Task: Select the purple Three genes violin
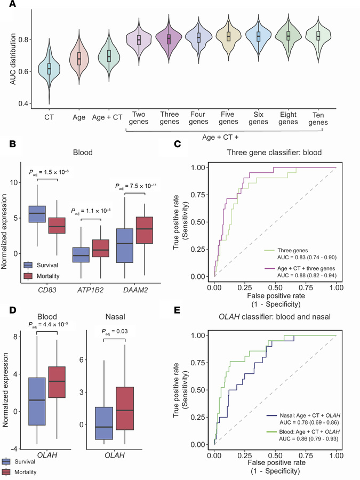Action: (x=169, y=39)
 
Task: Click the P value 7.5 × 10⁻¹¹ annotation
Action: (x=141, y=186)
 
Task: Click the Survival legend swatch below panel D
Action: (x=9, y=462)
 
